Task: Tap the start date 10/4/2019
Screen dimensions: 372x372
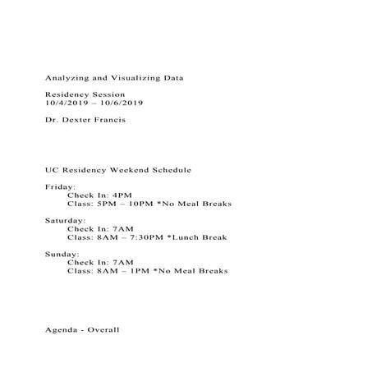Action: pyautogui.click(x=62, y=103)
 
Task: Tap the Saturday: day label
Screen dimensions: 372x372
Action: pyautogui.click(x=64, y=221)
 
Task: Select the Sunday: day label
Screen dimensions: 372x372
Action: pyautogui.click(x=62, y=255)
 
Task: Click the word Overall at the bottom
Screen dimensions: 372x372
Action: pyautogui.click(x=103, y=329)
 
